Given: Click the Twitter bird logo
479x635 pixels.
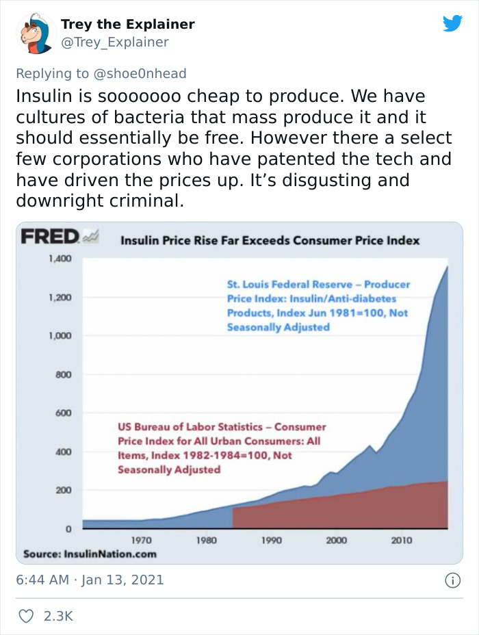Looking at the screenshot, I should tap(452, 24).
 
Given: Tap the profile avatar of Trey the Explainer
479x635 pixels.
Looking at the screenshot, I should tap(35, 34).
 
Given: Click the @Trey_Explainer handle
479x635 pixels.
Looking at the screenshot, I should tap(114, 42).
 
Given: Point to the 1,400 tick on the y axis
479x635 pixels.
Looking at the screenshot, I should tap(60, 259).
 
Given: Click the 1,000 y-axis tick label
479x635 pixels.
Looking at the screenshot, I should tap(60, 336).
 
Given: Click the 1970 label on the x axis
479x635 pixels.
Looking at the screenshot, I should tap(141, 541).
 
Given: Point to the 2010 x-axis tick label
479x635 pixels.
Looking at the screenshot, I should tap(402, 541).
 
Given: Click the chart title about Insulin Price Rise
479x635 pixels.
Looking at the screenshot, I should tap(270, 240).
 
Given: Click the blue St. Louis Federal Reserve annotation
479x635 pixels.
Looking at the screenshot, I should tap(319, 306).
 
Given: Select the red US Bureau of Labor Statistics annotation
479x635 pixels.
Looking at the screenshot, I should tap(219, 448).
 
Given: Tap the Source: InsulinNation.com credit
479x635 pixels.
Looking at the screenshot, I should tap(90, 554).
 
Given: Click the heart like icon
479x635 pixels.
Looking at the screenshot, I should tap(25, 616).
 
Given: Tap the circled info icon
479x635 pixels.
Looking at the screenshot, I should tap(452, 580).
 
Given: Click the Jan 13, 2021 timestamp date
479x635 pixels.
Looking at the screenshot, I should tap(123, 580).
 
